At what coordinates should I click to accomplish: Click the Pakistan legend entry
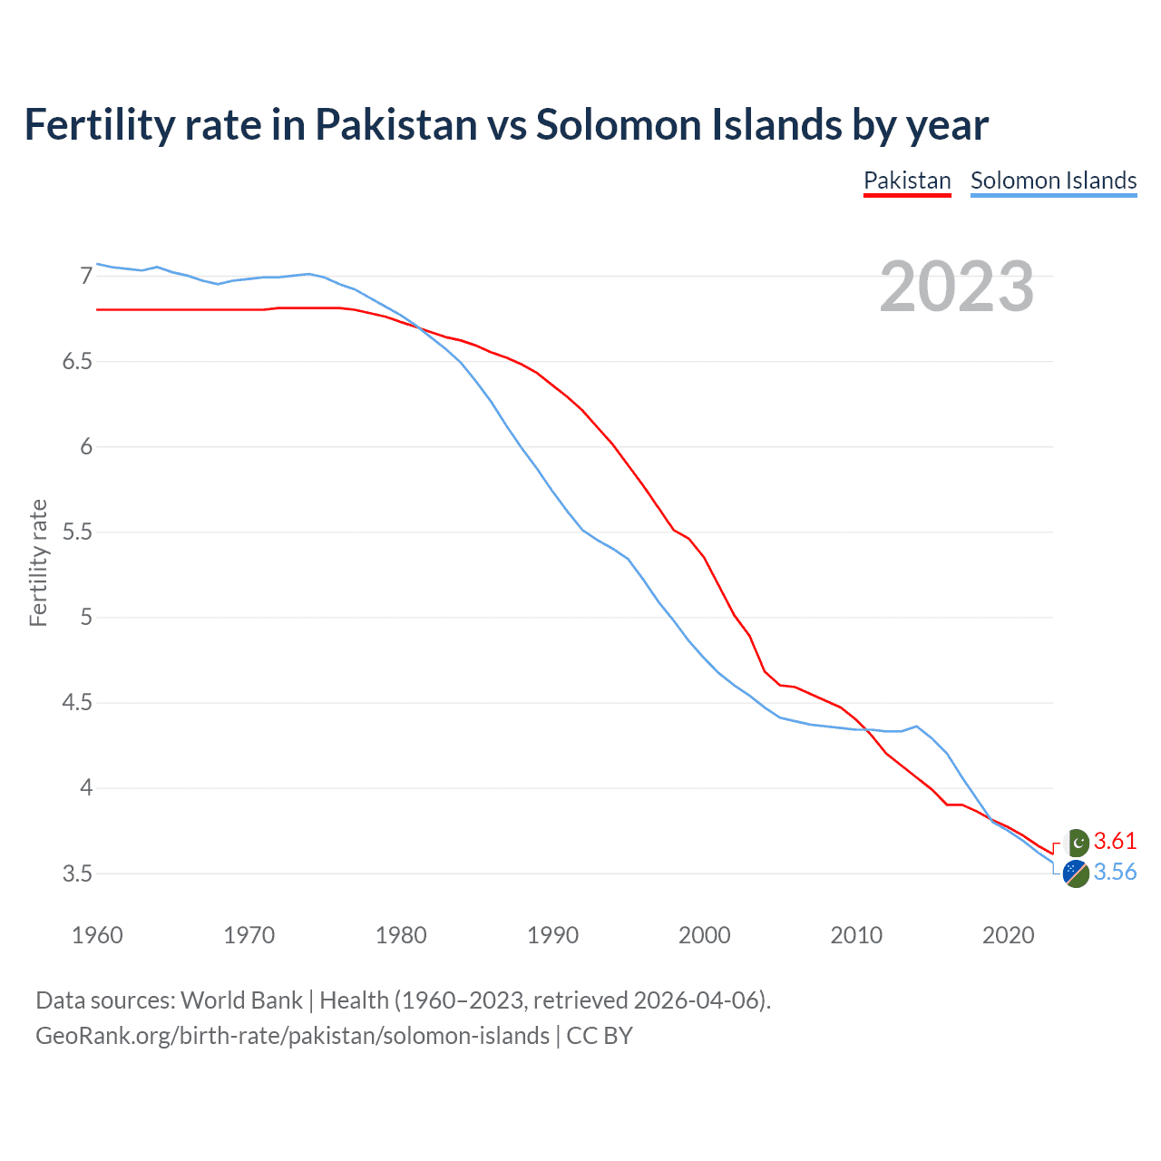click(907, 180)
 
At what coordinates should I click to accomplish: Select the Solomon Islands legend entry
click(1053, 180)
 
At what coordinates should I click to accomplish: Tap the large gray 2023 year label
click(957, 287)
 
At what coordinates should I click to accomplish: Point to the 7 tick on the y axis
click(86, 276)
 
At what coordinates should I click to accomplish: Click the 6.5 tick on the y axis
click(77, 362)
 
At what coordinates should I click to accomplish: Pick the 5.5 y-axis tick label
click(77, 532)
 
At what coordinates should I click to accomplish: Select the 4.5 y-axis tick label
click(77, 703)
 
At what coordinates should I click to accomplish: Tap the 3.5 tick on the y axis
click(77, 874)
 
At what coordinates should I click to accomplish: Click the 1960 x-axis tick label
click(97, 935)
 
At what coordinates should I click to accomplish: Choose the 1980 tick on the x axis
click(401, 935)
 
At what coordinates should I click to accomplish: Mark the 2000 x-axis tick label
click(705, 935)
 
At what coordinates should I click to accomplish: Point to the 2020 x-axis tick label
click(1009, 935)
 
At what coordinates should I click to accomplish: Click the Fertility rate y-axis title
click(38, 562)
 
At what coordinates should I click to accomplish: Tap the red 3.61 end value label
click(1115, 841)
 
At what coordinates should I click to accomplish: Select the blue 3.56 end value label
click(1115, 872)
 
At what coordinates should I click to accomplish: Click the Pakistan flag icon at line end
click(1077, 843)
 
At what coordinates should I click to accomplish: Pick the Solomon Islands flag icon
click(1076, 874)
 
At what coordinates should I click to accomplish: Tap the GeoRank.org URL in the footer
click(292, 1036)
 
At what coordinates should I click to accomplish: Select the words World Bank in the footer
click(241, 1000)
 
